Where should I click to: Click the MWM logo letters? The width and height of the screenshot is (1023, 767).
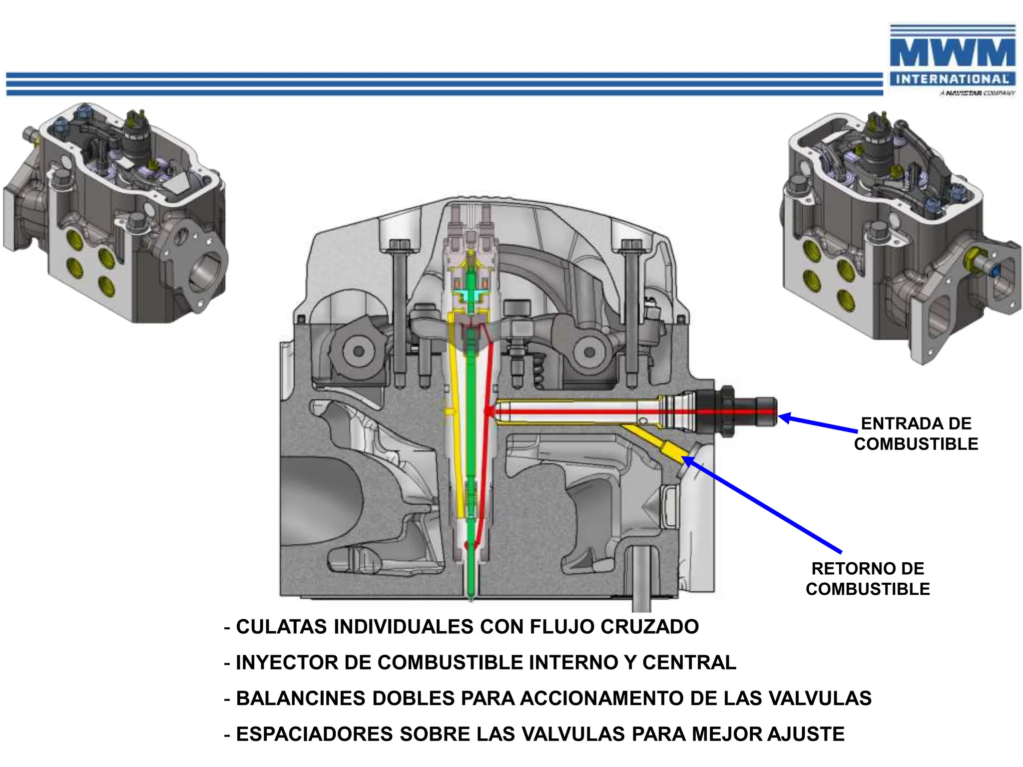(952, 52)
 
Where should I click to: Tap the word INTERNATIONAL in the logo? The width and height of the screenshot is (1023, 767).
(952, 79)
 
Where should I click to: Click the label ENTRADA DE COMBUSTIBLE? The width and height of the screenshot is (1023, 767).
(916, 433)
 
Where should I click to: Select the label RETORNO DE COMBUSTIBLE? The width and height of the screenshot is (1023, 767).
(868, 578)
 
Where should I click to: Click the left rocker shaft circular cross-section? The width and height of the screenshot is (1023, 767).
(358, 352)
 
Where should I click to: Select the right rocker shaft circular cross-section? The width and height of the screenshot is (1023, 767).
(590, 352)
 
